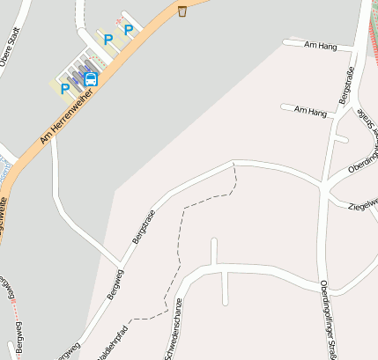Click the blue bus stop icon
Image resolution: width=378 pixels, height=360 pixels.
coord(90,78)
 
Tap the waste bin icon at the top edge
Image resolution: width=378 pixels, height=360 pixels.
coord(182,11)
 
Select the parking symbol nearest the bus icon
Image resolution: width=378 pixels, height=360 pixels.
coord(64,88)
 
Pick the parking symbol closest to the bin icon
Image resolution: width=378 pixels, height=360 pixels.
coord(129,30)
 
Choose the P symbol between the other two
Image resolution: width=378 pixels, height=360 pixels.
coord(108,40)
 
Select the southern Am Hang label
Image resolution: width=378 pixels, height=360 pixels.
coord(311,112)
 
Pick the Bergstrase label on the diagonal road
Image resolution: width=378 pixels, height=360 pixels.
coord(143,227)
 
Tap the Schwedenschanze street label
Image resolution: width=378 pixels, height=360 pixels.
coord(173,309)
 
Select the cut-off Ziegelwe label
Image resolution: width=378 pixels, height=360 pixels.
coord(363,203)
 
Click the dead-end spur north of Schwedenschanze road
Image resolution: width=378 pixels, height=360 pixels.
coord(213,251)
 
